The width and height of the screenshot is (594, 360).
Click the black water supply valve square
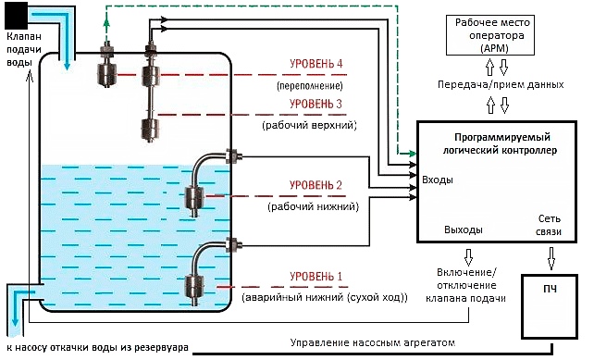(x=17, y=15)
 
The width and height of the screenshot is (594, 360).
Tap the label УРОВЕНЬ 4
(x=316, y=63)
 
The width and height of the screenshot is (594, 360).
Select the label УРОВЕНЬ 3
(x=316, y=104)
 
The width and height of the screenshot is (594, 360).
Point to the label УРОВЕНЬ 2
(x=316, y=185)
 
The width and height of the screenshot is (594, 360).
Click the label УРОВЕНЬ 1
(x=316, y=277)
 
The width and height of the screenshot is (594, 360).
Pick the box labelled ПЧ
(x=550, y=306)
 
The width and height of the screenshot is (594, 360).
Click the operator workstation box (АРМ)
(x=490, y=35)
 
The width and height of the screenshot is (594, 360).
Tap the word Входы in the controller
(x=438, y=180)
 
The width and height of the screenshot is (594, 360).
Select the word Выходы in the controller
(x=464, y=230)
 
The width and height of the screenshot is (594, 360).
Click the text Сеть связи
(x=549, y=225)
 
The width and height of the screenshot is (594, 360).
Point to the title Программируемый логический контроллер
(x=500, y=143)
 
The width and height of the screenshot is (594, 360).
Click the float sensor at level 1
(x=194, y=288)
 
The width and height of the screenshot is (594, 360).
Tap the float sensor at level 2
(x=194, y=200)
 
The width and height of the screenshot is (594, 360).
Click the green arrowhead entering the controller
(x=412, y=154)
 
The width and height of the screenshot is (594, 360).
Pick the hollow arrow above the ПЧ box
(x=551, y=258)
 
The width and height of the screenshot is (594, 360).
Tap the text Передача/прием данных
(x=501, y=84)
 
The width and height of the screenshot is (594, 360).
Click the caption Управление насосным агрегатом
(x=372, y=343)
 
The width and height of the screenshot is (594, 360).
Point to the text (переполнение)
(x=310, y=86)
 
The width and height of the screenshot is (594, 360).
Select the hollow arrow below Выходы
(x=468, y=257)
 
